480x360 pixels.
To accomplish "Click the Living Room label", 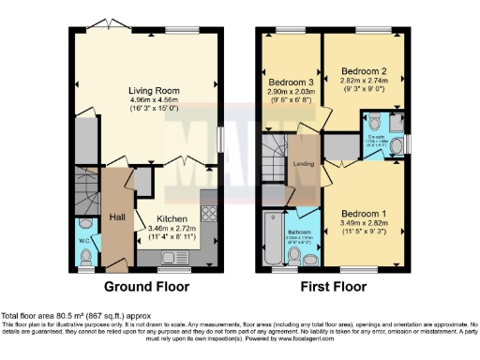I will click(154, 91).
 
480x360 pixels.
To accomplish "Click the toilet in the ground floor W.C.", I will click(86, 226).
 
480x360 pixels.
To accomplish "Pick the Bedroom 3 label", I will click(290, 82).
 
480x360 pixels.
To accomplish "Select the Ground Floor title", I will click(146, 287).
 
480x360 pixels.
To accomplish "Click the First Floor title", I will click(334, 287).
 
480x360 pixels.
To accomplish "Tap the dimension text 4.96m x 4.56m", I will click(154, 100).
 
